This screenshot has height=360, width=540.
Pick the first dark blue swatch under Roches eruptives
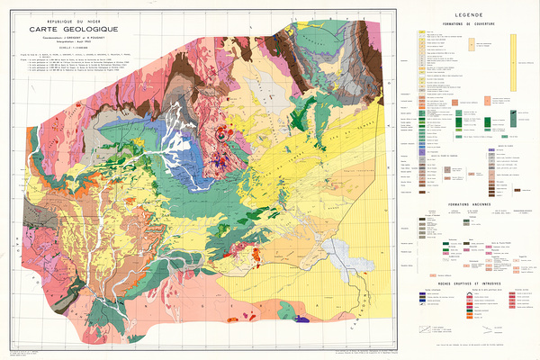click(x=419, y=303)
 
